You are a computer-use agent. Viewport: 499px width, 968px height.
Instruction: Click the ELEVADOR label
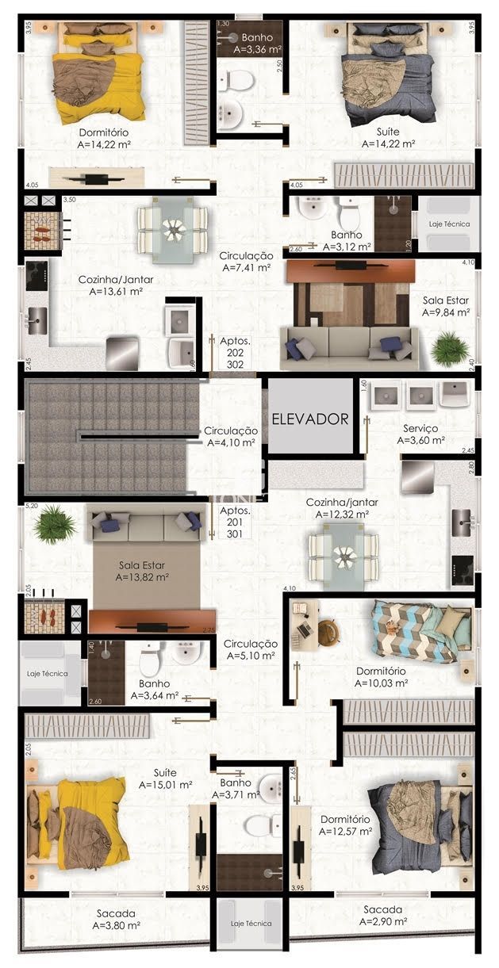310,419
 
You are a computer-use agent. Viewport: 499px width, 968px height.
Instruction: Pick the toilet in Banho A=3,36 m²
236,80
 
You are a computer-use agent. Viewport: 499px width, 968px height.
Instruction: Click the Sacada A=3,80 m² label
117,919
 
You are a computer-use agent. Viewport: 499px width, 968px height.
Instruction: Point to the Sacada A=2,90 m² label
383,916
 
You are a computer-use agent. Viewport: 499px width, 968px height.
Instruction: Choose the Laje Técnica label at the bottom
251,924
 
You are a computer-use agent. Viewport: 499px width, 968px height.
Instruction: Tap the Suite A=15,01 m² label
166,779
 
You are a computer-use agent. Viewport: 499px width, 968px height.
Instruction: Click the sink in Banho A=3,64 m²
187,652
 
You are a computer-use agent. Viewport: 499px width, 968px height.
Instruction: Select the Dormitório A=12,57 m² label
345,825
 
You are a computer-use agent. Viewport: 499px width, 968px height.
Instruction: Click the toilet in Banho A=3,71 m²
262,826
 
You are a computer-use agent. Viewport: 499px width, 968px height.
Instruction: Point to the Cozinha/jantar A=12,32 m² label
343,508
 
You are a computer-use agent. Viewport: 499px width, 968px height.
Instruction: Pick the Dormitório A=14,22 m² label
104,138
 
